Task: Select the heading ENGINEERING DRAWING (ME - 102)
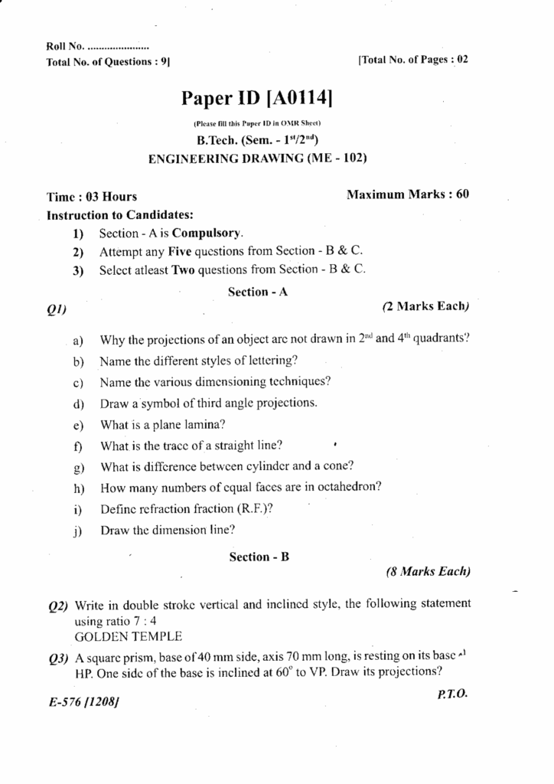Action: pyautogui.click(x=257, y=159)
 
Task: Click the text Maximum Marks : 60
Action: pyautogui.click(x=408, y=194)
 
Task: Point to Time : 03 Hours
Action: pyautogui.click(x=93, y=197)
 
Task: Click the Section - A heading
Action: pyautogui.click(x=258, y=292)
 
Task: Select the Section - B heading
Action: pyautogui.click(x=259, y=557)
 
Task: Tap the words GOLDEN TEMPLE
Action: pyautogui.click(x=129, y=636)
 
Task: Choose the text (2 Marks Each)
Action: pyautogui.click(x=425, y=306)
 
